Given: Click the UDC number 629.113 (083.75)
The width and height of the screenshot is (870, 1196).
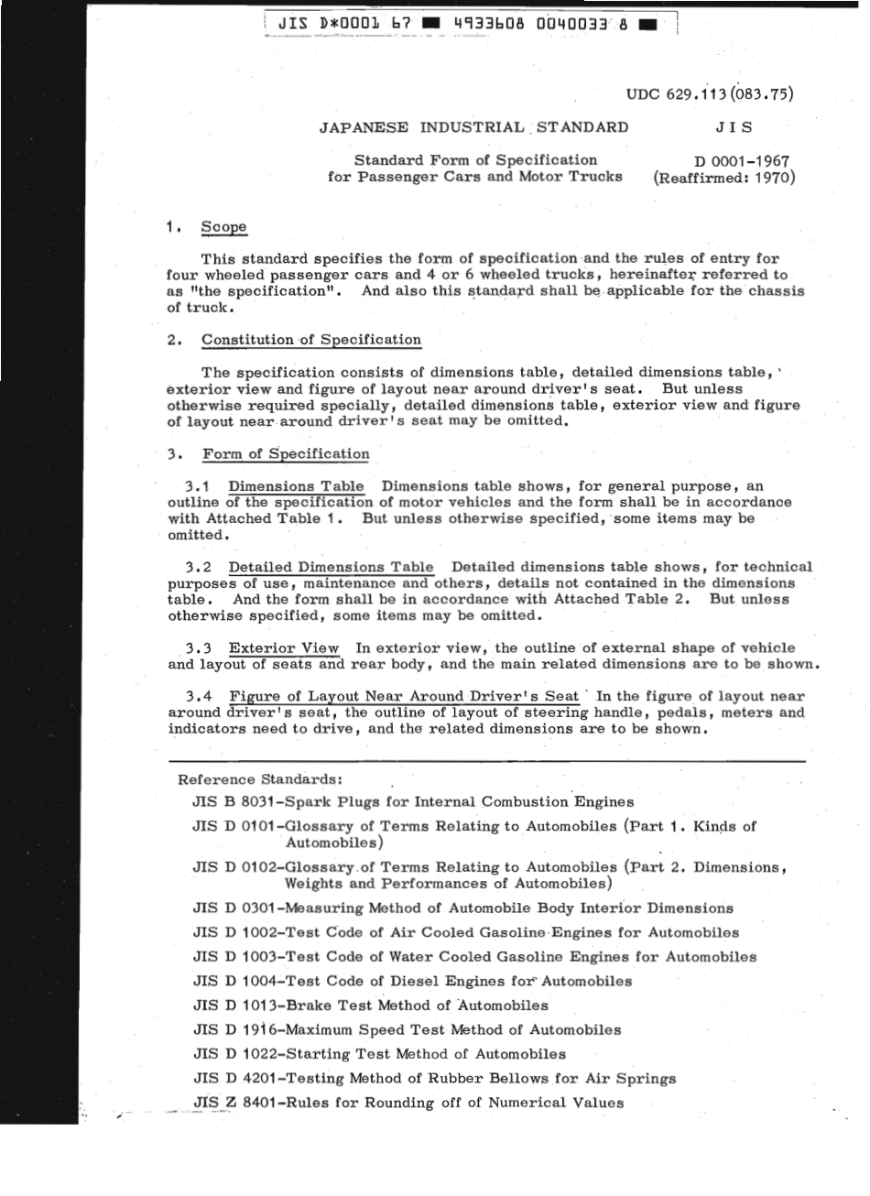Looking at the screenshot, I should coord(710,93).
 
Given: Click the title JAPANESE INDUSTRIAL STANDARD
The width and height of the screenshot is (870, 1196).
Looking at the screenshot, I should coord(473,127).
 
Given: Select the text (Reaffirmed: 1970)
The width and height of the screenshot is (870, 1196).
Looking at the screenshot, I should coord(723,177).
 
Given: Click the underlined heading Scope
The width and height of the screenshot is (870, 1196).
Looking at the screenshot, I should coord(223,227).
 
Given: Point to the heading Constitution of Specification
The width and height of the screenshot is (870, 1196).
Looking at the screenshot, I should coord(311,340).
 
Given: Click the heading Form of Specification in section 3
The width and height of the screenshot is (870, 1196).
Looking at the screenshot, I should coord(286,453).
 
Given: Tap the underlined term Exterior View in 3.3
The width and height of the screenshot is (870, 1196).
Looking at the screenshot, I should coord(284,648).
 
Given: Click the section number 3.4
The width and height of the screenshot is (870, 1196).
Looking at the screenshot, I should coord(199,697).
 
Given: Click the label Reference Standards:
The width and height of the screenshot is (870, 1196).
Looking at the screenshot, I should coord(260,779).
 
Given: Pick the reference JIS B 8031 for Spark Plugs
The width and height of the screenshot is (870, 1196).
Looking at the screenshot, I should coord(413,801).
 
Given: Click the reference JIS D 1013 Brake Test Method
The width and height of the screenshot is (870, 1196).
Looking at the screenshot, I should coord(370,1006).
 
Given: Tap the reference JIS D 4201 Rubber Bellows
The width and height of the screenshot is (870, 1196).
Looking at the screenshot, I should coord(434,1079).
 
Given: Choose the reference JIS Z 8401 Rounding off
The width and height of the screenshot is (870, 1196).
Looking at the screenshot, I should coord(408,1103).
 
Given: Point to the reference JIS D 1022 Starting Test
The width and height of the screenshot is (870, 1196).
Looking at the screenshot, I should coord(379,1054).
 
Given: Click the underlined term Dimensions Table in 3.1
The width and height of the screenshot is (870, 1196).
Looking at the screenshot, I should coord(296,486).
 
